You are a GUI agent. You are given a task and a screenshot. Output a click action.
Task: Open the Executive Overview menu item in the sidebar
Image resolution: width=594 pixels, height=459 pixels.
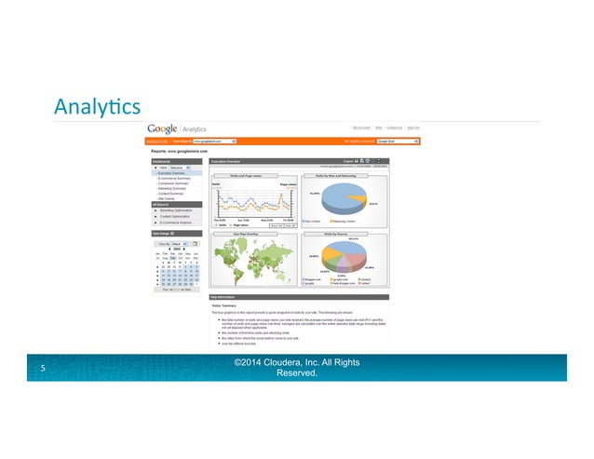pos(172,173)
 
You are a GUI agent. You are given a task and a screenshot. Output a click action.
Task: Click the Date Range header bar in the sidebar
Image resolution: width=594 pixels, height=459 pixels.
pos(174,233)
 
